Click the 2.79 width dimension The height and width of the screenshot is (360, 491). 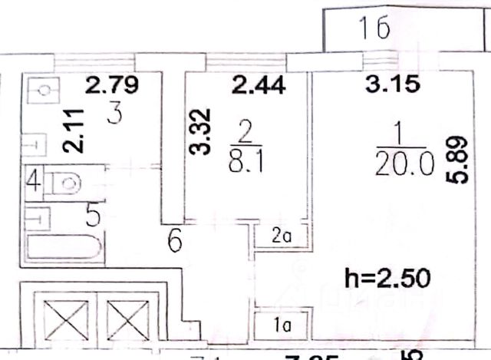tap(112, 84)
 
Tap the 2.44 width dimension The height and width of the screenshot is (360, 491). tap(259, 84)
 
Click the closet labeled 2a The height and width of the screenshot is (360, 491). tap(281, 236)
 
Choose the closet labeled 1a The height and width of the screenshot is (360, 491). tap(281, 323)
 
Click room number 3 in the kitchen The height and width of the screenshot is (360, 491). tap(115, 116)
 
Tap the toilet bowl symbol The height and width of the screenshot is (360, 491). tap(68, 184)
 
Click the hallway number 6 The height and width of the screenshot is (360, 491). tap(175, 243)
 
